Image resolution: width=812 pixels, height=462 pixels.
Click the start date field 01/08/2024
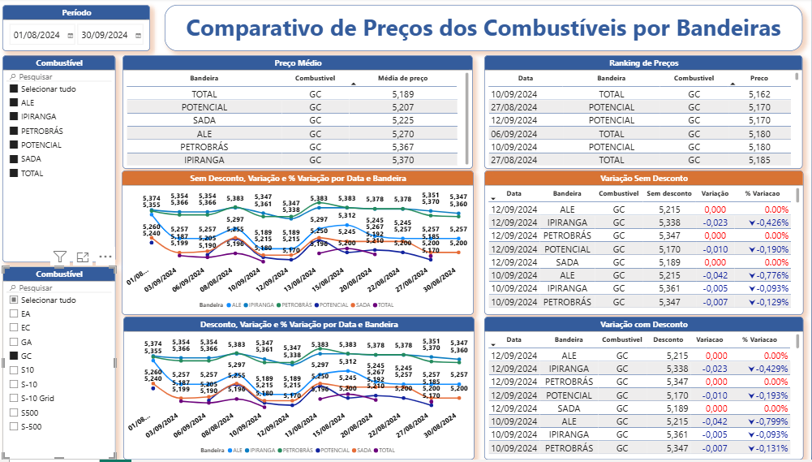click(37, 35)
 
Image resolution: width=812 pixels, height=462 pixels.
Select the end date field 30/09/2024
click(105, 35)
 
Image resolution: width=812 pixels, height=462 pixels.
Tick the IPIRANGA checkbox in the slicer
click(13, 117)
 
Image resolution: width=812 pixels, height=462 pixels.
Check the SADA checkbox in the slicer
click(13, 159)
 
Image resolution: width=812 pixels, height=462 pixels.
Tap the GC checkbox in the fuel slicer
click(13, 356)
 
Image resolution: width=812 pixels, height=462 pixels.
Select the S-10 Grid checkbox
click(13, 398)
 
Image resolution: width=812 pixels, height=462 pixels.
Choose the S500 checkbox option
click(13, 412)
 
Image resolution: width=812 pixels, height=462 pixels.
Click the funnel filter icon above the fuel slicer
click(59, 257)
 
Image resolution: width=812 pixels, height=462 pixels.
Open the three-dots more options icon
click(105, 257)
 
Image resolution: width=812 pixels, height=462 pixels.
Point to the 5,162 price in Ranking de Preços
click(759, 94)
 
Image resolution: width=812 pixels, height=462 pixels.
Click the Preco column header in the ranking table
click(759, 79)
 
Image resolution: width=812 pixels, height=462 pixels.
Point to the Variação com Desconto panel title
click(643, 325)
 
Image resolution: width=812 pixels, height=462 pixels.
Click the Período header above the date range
click(76, 13)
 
